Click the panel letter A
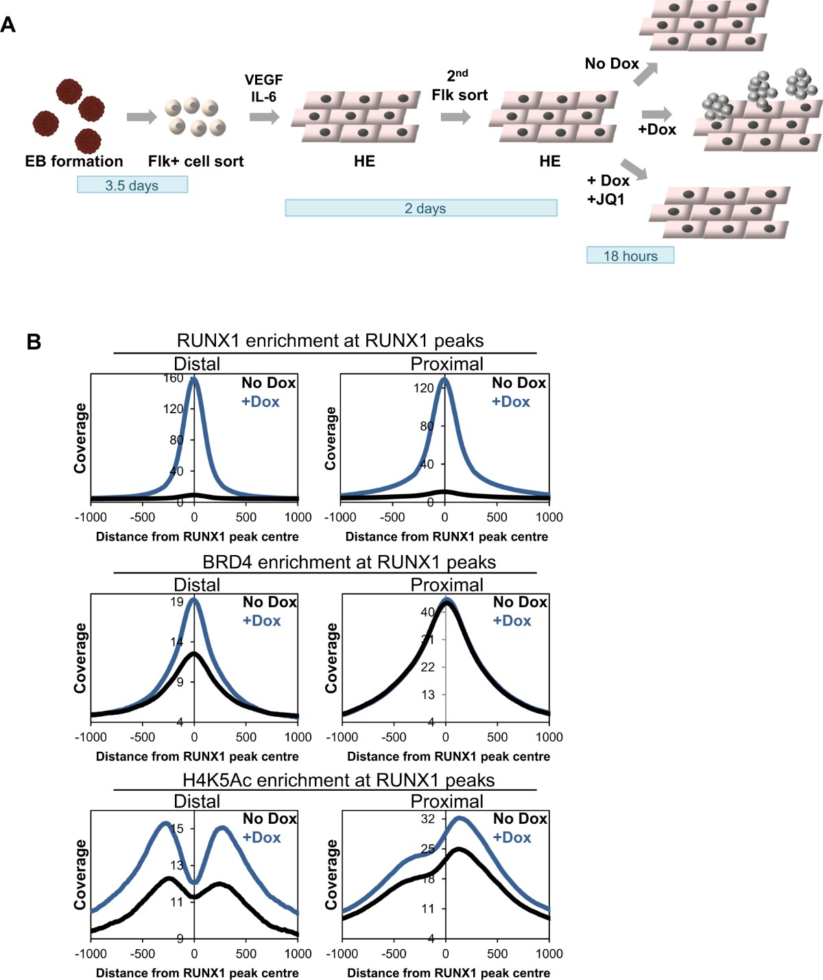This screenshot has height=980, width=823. (8, 25)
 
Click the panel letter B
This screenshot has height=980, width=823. (34, 341)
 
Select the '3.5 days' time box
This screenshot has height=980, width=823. (132, 185)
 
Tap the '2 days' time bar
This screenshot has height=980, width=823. (421, 208)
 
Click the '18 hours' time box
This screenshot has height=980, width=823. (630, 256)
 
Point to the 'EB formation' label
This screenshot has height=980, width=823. (74, 161)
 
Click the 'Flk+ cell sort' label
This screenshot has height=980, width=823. (195, 161)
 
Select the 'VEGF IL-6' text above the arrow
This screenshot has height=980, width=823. (263, 88)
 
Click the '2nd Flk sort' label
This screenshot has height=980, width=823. (460, 86)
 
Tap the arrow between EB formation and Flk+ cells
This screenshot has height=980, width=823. (141, 117)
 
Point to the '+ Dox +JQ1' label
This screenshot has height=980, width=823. (608, 190)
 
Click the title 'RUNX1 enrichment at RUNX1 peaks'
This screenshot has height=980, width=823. (330, 341)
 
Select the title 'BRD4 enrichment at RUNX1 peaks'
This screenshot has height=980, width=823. (348, 562)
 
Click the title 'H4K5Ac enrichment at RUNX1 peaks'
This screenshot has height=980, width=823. (338, 780)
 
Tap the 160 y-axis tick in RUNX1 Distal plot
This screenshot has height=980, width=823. (174, 378)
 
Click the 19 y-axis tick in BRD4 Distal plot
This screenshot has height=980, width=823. (177, 602)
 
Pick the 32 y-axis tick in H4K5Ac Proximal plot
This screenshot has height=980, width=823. (428, 819)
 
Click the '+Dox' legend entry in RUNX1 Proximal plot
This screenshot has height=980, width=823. (511, 402)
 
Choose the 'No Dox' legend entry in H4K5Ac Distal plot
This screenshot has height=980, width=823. (270, 818)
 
